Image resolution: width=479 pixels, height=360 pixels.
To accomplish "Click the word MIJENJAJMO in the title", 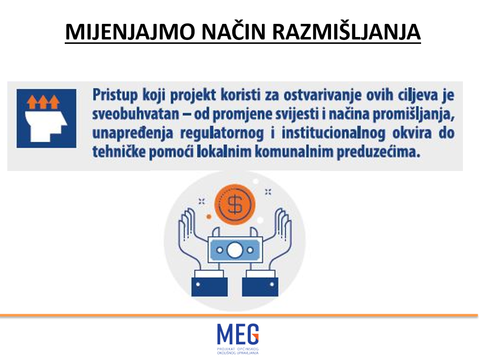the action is pyautogui.click(x=130, y=32).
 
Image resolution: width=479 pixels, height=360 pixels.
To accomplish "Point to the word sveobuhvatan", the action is pyautogui.click(x=136, y=114).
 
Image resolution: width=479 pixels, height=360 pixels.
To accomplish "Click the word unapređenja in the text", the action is pyautogui.click(x=133, y=133).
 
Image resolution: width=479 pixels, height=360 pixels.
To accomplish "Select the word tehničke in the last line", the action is pyautogui.click(x=119, y=152).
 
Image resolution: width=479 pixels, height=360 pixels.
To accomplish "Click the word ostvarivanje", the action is pyautogui.click(x=323, y=95).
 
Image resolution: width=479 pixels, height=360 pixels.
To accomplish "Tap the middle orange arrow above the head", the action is pyautogui.click(x=43, y=102).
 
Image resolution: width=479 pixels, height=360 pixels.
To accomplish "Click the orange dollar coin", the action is pyautogui.click(x=235, y=205).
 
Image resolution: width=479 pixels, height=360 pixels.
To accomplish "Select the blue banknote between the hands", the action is pyautogui.click(x=235, y=250).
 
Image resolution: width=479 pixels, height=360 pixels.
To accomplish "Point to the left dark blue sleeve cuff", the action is pyautogui.click(x=209, y=286).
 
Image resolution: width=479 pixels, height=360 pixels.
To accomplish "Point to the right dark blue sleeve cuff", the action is pyautogui.click(x=260, y=286).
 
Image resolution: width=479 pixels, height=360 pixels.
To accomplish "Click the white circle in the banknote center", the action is pyautogui.click(x=235, y=250).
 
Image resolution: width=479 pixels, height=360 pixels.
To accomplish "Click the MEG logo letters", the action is pyautogui.click(x=238, y=334).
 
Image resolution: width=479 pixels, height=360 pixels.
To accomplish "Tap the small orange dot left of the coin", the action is pyautogui.click(x=209, y=217).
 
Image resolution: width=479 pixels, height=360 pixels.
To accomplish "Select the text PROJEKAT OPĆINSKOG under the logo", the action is pyautogui.click(x=238, y=349).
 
